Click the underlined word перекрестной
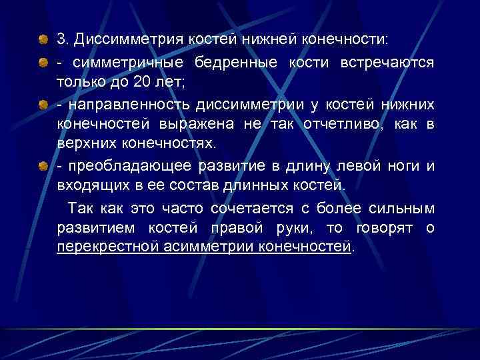(107, 248)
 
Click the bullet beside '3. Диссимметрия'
(42, 38)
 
